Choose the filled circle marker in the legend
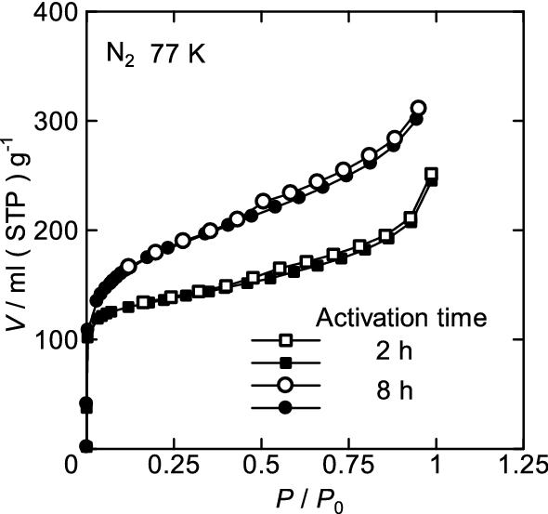pyautogui.click(x=286, y=407)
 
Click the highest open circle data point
pyautogui.click(x=418, y=109)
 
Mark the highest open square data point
pyautogui.click(x=431, y=174)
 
